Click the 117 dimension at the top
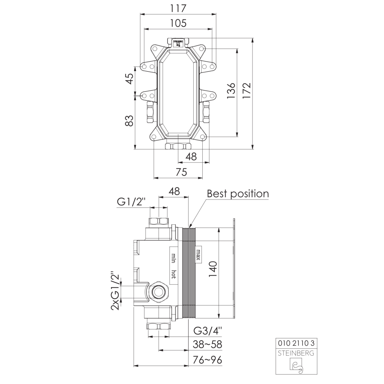pos(178,9)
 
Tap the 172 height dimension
pos(247,91)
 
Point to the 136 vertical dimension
pos(231,91)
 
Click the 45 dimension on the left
pos(130,79)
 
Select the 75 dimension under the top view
pos(181,172)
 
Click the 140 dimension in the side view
pos(213,269)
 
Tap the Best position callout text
pos(238,194)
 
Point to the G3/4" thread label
pos(208,331)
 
